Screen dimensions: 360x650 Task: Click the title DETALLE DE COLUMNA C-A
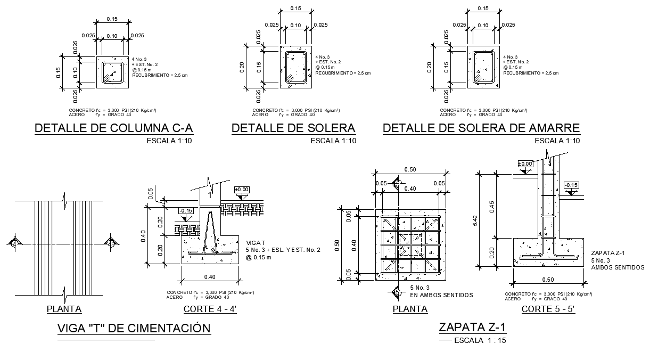(x=113, y=128)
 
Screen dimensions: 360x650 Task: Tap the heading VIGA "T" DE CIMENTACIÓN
(x=134, y=328)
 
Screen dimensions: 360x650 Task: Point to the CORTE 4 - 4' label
(x=210, y=309)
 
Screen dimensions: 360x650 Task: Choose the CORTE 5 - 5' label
(x=548, y=309)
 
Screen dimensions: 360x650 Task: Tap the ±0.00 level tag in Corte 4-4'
(x=242, y=190)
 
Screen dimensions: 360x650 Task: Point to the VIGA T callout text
(x=255, y=242)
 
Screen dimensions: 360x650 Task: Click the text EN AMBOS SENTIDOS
(x=441, y=295)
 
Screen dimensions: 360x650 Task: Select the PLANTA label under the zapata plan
(x=409, y=309)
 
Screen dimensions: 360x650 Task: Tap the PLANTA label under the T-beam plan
(x=64, y=309)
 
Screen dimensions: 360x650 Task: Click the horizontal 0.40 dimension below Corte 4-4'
(x=209, y=277)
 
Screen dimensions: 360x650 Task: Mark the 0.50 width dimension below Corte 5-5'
(x=548, y=280)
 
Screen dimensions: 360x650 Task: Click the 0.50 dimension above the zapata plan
(x=410, y=169)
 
